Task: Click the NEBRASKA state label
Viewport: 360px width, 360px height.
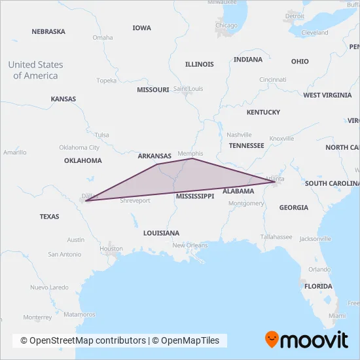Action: click(x=48, y=31)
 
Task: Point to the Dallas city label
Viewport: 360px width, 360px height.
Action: click(x=88, y=195)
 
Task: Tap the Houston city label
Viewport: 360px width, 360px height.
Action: click(x=111, y=249)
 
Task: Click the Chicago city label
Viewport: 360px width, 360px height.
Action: click(x=226, y=26)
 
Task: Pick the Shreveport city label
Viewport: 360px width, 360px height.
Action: click(x=135, y=201)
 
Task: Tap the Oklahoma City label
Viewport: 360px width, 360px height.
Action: click(x=79, y=147)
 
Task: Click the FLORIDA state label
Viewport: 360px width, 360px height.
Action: click(x=318, y=286)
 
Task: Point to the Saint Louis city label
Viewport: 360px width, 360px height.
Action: click(x=188, y=88)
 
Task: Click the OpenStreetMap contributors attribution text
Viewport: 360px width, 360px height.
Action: click(x=83, y=340)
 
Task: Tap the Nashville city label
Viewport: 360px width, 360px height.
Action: click(x=239, y=134)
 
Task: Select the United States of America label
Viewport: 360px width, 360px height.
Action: click(x=35, y=70)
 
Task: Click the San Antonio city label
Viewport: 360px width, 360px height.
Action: click(x=63, y=254)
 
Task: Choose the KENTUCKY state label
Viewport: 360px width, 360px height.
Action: click(x=263, y=113)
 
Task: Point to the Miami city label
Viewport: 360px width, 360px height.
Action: click(x=337, y=315)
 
